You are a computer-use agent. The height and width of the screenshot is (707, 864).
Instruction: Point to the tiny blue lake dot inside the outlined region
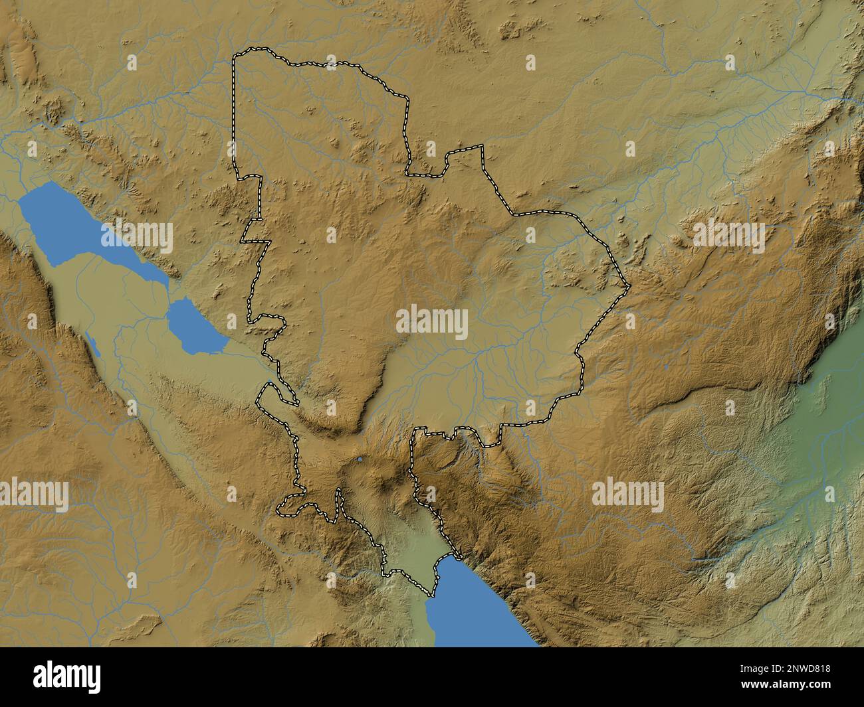point(360,459)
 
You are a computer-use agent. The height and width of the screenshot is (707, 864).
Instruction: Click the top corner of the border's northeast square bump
point(483,145)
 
